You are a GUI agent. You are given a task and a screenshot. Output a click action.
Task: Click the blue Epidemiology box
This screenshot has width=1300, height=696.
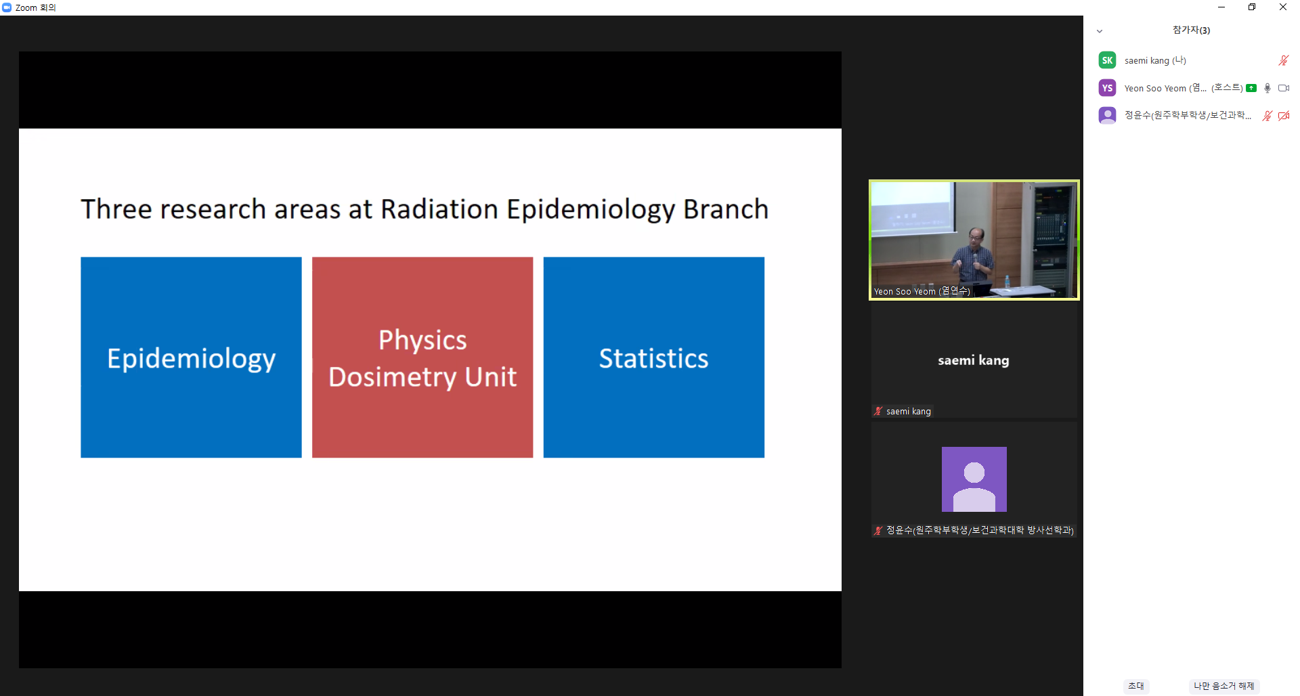[191, 357]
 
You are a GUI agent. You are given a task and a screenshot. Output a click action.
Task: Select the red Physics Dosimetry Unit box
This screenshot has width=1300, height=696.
[422, 357]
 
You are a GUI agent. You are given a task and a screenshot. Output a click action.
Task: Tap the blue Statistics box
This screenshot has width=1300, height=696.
[654, 357]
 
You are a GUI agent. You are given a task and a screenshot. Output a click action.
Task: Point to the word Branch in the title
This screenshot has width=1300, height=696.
[726, 209]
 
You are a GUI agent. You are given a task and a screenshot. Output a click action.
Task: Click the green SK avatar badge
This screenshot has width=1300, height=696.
[1107, 60]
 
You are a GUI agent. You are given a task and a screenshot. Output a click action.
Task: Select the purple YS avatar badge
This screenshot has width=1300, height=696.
[1107, 88]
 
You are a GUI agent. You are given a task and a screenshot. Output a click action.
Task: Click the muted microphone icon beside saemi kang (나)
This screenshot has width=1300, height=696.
[1283, 60]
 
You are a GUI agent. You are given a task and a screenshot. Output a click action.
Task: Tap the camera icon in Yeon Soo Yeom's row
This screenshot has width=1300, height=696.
[1284, 88]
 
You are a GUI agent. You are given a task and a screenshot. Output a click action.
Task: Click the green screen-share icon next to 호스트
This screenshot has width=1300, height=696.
[1251, 88]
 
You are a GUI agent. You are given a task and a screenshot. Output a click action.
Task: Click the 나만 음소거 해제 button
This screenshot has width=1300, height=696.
[1223, 686]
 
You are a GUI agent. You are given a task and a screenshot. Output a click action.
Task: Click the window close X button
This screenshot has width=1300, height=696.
[1282, 7]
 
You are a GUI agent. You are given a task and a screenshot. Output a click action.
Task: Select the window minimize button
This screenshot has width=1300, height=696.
[1221, 7]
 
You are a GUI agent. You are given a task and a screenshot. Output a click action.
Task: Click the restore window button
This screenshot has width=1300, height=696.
[1252, 7]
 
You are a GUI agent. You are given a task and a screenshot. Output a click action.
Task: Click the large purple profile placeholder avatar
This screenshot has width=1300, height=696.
[974, 479]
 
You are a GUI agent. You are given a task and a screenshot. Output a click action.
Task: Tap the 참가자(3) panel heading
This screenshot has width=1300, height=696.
[1191, 30]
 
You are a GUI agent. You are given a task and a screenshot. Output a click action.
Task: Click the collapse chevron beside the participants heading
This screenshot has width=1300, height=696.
[1100, 31]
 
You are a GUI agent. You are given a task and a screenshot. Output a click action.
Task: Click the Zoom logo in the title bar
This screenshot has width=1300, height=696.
[7, 7]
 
